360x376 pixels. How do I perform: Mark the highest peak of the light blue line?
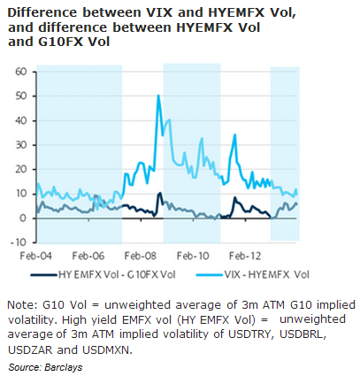158,96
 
